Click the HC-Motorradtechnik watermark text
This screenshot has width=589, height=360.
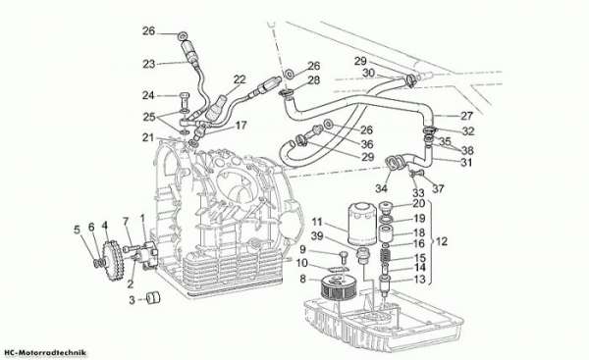45,352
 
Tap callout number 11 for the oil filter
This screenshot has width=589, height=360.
317,222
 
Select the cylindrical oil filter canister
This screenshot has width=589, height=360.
362,224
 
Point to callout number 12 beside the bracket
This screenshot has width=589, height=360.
442,241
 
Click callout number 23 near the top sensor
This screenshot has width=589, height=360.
149,64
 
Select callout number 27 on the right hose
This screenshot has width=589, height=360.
466,116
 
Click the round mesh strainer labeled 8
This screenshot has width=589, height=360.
337,287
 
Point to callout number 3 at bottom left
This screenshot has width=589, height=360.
132,300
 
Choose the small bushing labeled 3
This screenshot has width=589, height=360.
153,298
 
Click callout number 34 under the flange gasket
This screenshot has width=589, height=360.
381,188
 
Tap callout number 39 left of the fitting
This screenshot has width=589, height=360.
317,236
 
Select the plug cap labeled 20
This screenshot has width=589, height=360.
386,206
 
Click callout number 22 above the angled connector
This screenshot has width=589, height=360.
240,79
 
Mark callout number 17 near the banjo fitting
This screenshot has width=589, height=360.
241,125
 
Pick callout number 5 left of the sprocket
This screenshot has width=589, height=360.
77,230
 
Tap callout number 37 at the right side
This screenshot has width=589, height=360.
438,188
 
